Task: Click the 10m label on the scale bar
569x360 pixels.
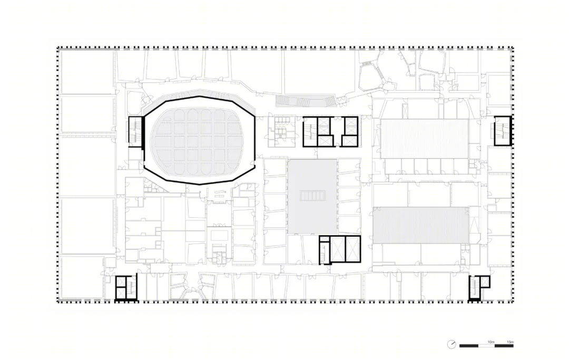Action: pos(490,342)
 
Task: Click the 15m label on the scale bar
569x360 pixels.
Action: pos(510,342)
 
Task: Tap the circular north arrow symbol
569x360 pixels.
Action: pos(452,344)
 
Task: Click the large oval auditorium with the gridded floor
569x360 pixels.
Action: pos(199,140)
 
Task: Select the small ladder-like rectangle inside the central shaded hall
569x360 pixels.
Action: pos(312,196)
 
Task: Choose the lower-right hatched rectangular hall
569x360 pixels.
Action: pos(421,225)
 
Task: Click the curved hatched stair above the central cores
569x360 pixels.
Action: pos(305,101)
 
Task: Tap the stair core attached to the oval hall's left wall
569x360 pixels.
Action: pos(135,132)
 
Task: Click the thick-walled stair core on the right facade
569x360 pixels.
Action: pos(502,131)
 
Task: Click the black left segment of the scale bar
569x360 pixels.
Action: pos(468,345)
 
